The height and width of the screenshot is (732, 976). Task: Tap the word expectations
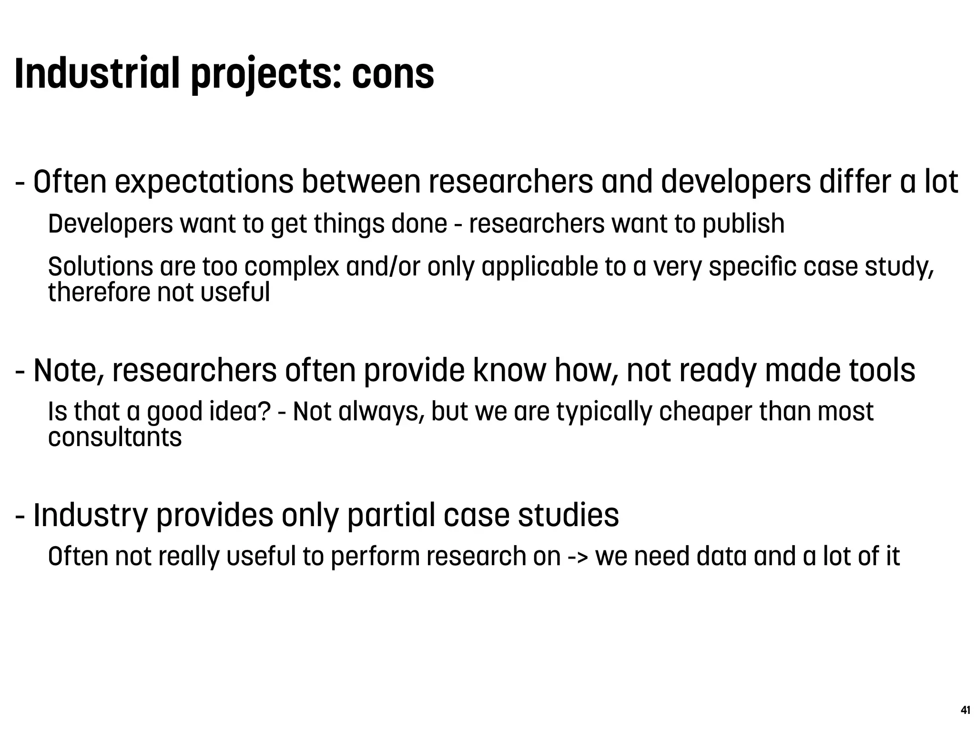tap(204, 183)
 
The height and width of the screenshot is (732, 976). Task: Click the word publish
tap(743, 224)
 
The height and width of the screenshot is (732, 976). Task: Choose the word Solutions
tap(101, 266)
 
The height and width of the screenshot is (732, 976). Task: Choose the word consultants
tap(115, 437)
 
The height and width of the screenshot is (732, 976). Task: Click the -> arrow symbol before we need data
tap(578, 557)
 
